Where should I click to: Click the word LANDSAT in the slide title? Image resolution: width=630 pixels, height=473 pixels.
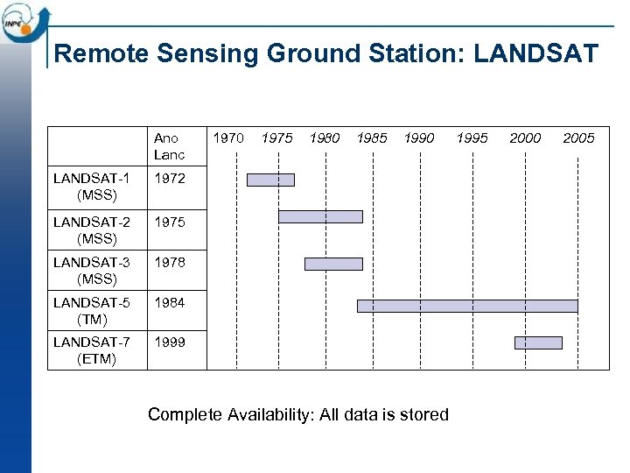pos(536,54)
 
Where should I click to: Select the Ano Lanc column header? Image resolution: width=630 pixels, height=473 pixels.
pos(169,146)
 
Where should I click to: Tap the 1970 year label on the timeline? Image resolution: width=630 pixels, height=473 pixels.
pos(228,138)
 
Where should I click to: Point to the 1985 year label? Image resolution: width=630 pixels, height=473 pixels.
pos(372,138)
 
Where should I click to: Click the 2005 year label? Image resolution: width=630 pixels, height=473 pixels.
pos(578,138)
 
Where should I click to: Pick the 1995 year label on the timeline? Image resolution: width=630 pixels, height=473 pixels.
pos(472,138)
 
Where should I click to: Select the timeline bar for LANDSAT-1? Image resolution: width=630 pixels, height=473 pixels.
pos(270,180)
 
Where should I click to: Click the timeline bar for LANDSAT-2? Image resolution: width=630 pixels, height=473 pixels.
pos(320,216)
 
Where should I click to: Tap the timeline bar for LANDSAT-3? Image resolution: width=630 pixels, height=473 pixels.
pos(333,264)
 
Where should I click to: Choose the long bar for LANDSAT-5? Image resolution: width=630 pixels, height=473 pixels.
pos(467,306)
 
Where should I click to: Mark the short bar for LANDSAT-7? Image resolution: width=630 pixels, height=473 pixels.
pos(538,342)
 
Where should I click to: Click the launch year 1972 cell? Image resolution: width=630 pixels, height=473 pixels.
pos(170,179)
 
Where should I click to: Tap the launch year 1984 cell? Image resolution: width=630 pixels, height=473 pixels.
pos(170,303)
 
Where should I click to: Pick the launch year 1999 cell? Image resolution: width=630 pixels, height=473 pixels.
pos(170,342)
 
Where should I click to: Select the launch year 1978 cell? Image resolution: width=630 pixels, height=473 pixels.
pos(170,262)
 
